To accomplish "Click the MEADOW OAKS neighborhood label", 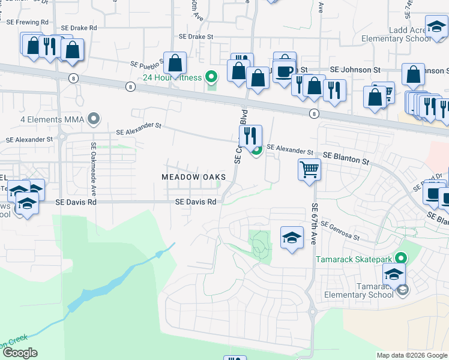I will pyautogui.click(x=193, y=177).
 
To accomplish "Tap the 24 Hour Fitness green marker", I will pyautogui.click(x=211, y=76).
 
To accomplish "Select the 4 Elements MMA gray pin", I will pyautogui.click(x=93, y=118).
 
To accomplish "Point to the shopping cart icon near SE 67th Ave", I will pyautogui.click(x=309, y=169).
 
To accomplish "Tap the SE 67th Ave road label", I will pyautogui.click(x=314, y=223).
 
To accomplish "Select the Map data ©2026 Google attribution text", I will pyautogui.click(x=412, y=355).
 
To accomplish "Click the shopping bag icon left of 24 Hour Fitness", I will pyautogui.click(x=175, y=62).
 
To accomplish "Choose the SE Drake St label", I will pyautogui.click(x=196, y=37).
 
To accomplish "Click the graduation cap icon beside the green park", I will pyautogui.click(x=292, y=238).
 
